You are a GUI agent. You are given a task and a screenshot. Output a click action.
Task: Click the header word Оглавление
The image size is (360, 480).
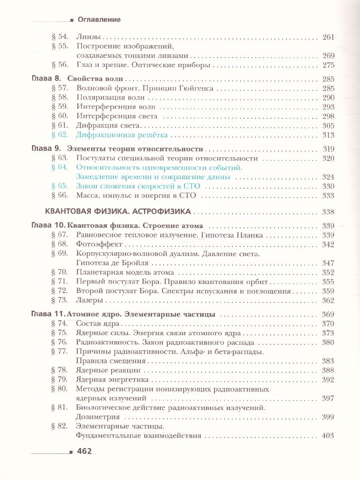click(99, 19)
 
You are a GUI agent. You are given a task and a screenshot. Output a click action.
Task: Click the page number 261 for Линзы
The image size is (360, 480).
click(328, 38)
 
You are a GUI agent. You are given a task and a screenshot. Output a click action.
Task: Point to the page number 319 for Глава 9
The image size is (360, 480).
click(328, 149)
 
